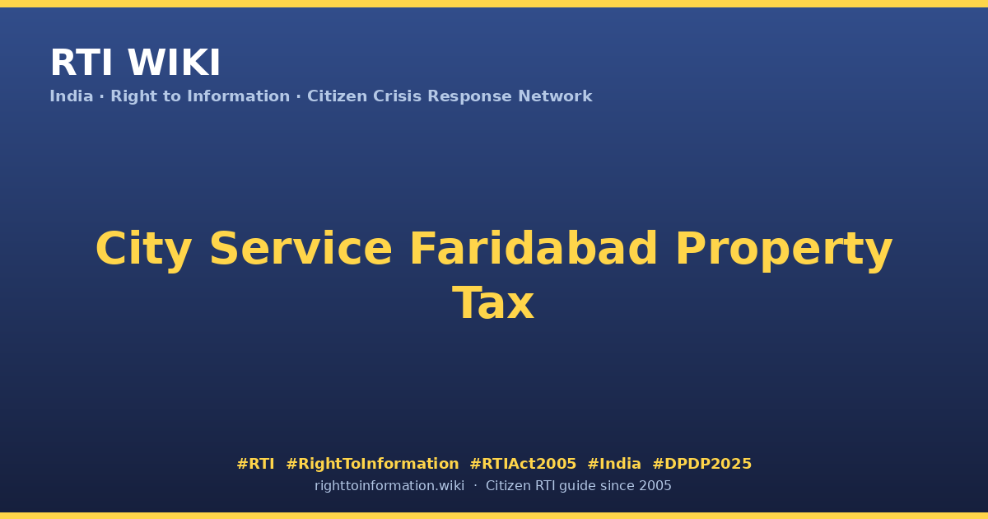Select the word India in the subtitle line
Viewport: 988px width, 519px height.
tap(72, 96)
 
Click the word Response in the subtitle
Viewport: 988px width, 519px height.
tap(470, 97)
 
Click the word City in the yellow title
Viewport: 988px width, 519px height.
tap(144, 250)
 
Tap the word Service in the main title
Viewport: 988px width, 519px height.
tap(301, 249)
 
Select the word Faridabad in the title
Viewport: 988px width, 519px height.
tap(534, 249)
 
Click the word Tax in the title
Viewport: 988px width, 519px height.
tap(493, 303)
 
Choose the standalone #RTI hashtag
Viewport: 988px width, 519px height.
tap(255, 463)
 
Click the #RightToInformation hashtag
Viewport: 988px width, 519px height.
tap(372, 464)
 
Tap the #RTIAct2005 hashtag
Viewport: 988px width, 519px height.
tap(523, 463)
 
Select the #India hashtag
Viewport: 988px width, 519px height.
tap(614, 463)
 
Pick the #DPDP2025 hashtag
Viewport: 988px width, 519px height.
tap(701, 463)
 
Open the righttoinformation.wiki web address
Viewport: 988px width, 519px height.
tap(389, 486)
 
